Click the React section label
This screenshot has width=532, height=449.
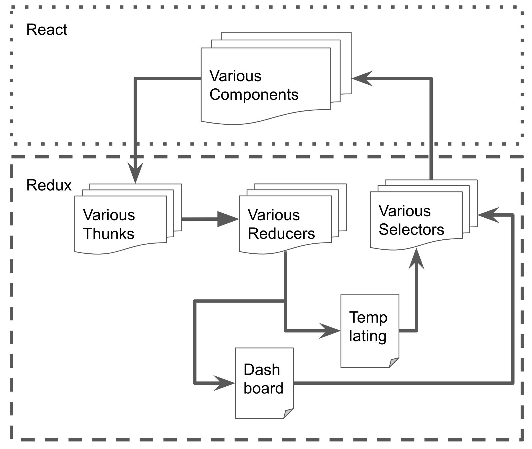(x=47, y=30)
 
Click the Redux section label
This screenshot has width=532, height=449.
(x=49, y=185)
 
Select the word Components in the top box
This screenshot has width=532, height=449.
(x=254, y=95)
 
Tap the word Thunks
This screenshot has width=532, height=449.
(x=109, y=234)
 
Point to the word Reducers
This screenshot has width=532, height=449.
(x=281, y=234)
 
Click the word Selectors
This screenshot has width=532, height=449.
(x=411, y=230)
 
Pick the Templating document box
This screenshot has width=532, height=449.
(x=370, y=331)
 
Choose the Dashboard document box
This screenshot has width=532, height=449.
(x=264, y=383)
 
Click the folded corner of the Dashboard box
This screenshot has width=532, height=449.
(x=289, y=414)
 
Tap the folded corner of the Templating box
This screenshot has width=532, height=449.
(x=395, y=363)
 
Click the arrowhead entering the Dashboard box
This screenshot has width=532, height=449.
(x=225, y=383)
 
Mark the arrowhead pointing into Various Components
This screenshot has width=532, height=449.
(x=362, y=78)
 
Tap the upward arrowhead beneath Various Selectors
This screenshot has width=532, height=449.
(x=416, y=259)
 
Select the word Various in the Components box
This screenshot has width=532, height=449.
(x=235, y=76)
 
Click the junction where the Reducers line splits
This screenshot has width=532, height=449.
(x=285, y=301)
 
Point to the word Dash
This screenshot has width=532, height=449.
(x=261, y=370)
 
